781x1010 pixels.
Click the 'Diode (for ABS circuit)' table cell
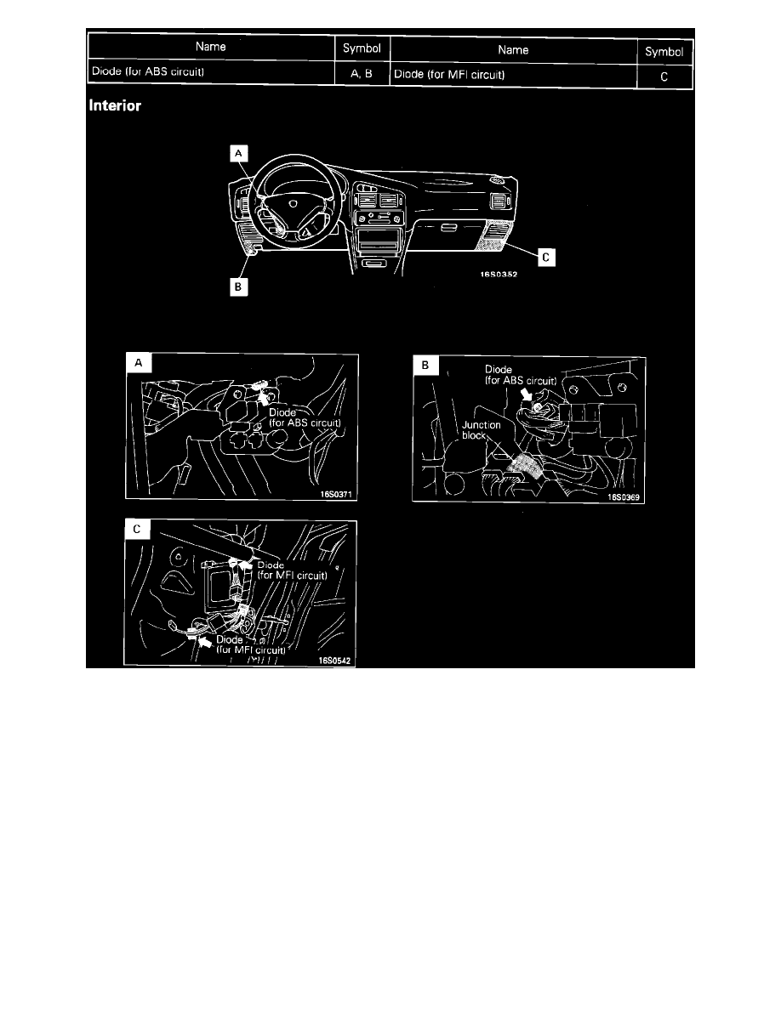point(211,72)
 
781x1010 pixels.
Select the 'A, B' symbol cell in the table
point(362,73)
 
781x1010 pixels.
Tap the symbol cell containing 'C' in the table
point(664,75)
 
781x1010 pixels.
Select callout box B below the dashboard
point(240,287)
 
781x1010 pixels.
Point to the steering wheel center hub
point(291,204)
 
